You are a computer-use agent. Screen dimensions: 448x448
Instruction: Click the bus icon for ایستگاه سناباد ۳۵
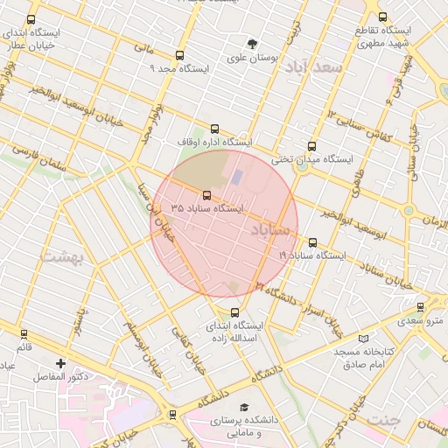point(207,195)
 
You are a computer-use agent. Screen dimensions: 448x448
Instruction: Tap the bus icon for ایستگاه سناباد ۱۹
point(312,242)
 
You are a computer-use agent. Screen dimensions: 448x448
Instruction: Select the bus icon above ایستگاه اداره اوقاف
point(215,129)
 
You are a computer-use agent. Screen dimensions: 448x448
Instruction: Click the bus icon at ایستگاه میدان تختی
point(311,147)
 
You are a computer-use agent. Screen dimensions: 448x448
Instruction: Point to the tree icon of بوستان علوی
point(253,44)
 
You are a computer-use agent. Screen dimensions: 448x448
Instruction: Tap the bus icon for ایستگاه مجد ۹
point(180,55)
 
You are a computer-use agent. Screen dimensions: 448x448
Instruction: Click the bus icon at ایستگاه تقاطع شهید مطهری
point(382,17)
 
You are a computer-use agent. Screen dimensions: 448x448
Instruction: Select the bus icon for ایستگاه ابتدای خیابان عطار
point(31,19)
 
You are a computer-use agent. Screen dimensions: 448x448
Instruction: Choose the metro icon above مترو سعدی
point(422,307)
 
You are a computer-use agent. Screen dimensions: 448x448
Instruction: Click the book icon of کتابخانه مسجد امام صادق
point(364,339)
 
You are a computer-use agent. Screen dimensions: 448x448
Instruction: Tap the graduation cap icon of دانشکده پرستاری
point(245,408)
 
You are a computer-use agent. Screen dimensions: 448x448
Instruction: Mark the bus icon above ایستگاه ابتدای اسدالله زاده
point(234,312)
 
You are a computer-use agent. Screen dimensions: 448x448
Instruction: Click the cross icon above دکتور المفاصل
point(60,363)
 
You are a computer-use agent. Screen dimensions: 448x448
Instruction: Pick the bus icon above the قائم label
point(24,333)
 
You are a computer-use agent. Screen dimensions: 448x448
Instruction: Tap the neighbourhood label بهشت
point(61,257)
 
